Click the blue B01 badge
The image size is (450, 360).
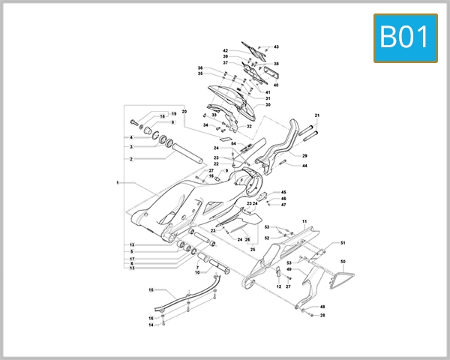coord(405,37)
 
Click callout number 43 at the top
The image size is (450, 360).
coord(276,47)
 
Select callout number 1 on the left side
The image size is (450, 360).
coord(118,182)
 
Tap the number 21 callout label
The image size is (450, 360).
coord(317,115)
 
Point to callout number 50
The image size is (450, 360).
coord(343,261)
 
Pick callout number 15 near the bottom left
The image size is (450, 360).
coord(151,289)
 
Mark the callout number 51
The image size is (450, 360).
coord(343,243)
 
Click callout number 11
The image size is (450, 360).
coord(305,221)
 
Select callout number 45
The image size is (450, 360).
coord(283,193)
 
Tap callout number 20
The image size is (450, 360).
coord(184,112)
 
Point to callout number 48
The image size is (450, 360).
coord(323,307)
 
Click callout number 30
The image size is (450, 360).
coord(268,105)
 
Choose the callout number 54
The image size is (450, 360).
coord(233,143)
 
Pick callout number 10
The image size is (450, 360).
coord(197,272)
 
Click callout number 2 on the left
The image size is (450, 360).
coord(130,159)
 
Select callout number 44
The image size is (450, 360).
coord(305,165)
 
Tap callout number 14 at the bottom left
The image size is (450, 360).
coord(151,325)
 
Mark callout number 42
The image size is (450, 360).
coord(225,50)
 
